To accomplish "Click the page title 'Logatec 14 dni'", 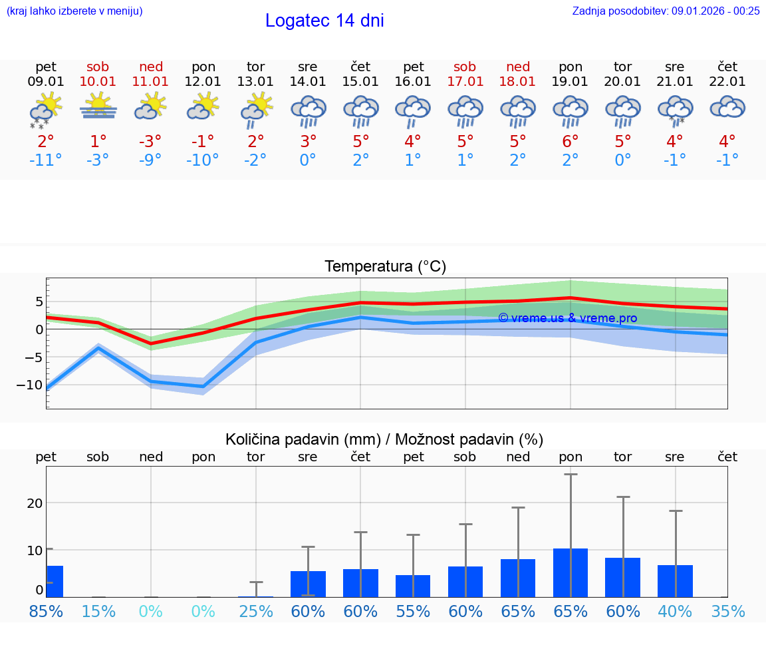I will [324, 21].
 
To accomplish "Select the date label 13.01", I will [255, 81].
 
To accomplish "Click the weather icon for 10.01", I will [98, 107].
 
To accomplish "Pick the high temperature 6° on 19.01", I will [571, 141].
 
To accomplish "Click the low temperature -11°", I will [46, 160].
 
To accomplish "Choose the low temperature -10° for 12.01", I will [203, 160].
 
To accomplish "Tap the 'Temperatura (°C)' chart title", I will [385, 267].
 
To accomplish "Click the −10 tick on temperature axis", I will [31, 385].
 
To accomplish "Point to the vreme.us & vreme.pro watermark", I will [567, 318].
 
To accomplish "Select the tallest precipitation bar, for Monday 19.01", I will [571, 572].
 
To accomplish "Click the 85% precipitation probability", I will [46, 611].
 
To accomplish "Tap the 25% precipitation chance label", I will [256, 611].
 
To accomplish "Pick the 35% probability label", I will [727, 611].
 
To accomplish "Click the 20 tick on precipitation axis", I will [35, 503].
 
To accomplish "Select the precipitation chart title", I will [384, 439].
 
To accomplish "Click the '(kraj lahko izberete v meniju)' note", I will [74, 11].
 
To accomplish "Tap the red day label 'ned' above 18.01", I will [518, 67].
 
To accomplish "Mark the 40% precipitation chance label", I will [675, 611].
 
